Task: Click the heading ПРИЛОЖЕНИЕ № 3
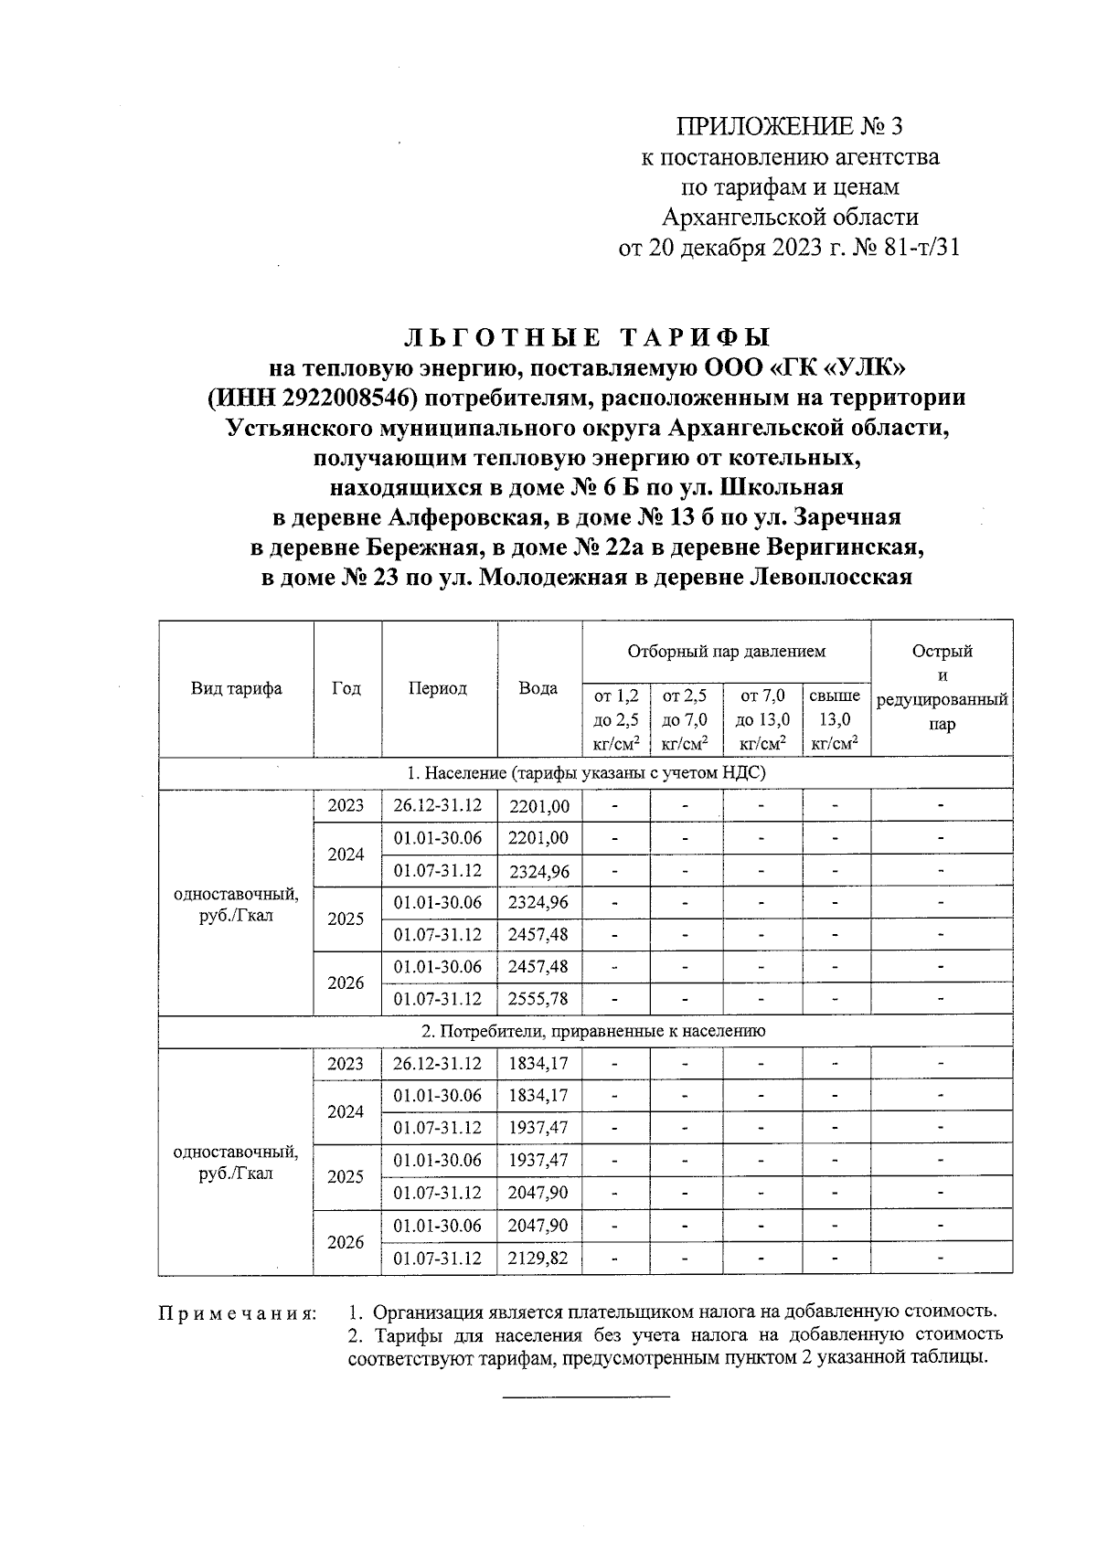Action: tap(789, 126)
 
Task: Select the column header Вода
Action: tap(538, 688)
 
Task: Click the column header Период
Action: tap(438, 688)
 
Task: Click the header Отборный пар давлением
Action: tap(726, 651)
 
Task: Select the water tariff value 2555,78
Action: tap(538, 999)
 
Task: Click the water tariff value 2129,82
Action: tap(538, 1258)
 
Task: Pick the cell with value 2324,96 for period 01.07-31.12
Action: tap(538, 871)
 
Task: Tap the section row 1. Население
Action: tap(585, 773)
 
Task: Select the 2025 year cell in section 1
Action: tap(346, 919)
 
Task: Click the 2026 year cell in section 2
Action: tap(346, 1242)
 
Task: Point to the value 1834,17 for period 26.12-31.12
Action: tap(538, 1064)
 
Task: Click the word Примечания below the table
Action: tap(238, 1314)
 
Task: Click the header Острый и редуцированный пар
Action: tap(942, 687)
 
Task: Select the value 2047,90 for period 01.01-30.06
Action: tap(538, 1225)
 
